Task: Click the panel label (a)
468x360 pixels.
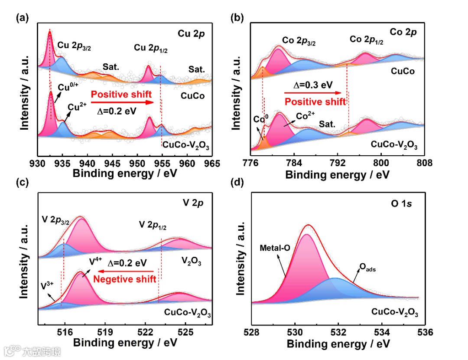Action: tap(22, 18)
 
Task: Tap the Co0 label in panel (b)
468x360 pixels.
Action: tap(260, 120)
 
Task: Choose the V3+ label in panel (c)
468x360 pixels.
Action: tap(48, 286)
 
